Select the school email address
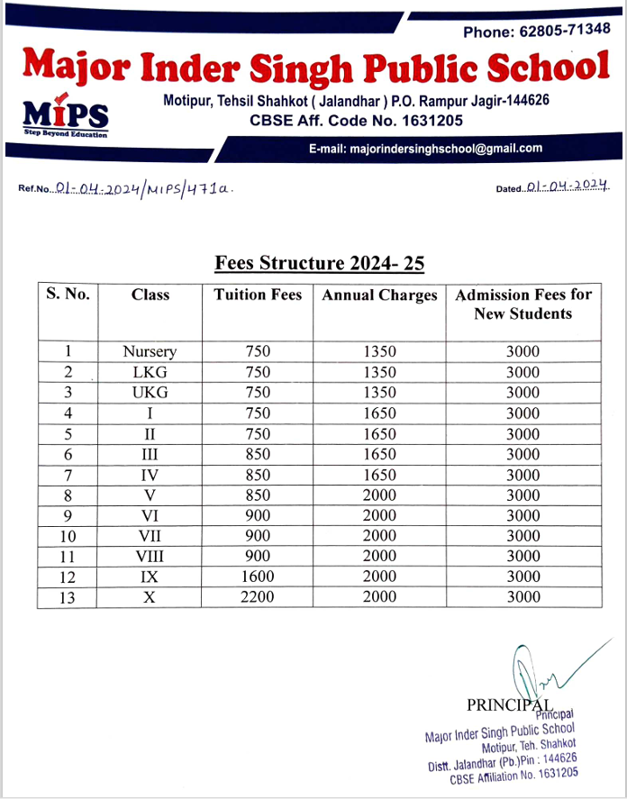tap(425, 149)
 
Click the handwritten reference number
tap(144, 188)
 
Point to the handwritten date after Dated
tap(568, 187)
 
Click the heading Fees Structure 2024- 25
tap(319, 263)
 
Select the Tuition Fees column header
tap(258, 295)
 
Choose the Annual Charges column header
tap(379, 295)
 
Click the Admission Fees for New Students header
tap(522, 304)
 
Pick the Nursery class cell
tap(150, 351)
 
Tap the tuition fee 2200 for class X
tap(258, 597)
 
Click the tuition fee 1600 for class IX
tap(258, 577)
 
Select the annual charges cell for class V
tap(379, 495)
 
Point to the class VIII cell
tap(150, 557)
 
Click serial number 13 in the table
tap(68, 597)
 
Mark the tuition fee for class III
tap(258, 454)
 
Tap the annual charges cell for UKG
tap(379, 393)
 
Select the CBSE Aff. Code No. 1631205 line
tap(356, 120)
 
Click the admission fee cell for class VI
tap(522, 515)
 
